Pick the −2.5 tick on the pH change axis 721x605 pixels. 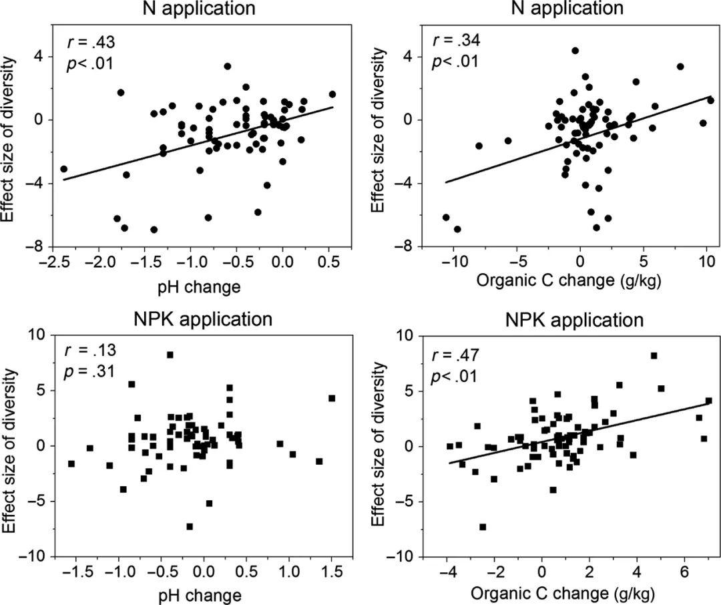pyautogui.click(x=55, y=264)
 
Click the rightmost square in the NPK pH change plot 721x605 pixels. pyautogui.click(x=332, y=399)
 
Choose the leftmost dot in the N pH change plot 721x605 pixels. pyautogui.click(x=63, y=169)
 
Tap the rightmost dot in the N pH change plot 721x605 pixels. pyautogui.click(x=332, y=94)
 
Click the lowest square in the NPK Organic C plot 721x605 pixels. pyautogui.click(x=483, y=527)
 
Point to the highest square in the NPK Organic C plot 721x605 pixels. pyautogui.click(x=654, y=356)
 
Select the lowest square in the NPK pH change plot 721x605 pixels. pyautogui.click(x=190, y=526)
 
